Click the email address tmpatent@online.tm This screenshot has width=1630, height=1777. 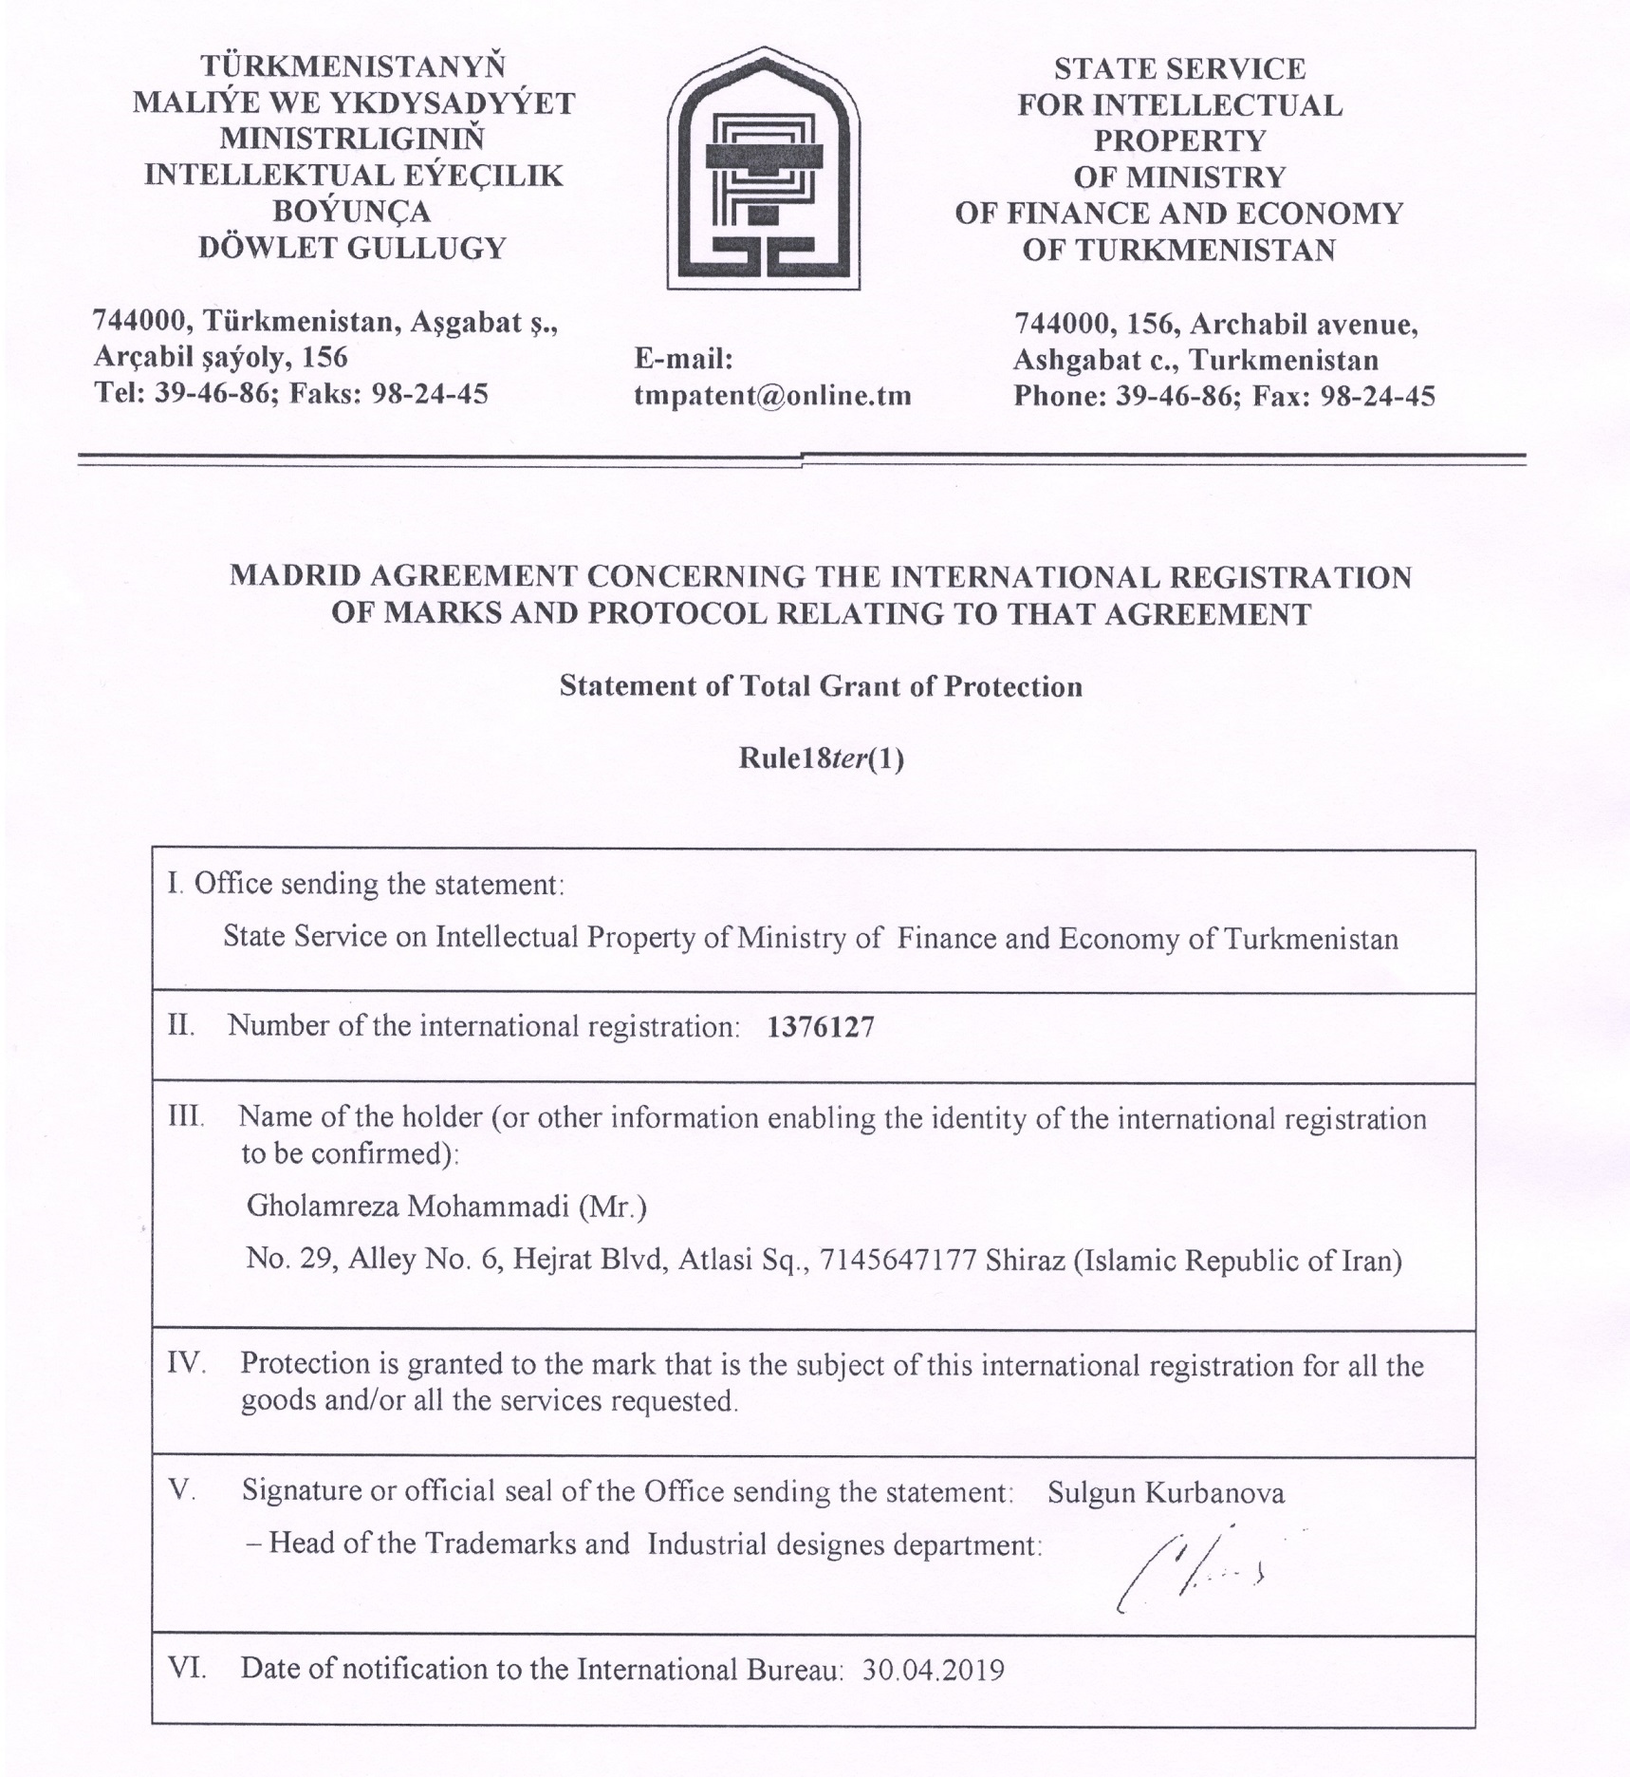coord(772,396)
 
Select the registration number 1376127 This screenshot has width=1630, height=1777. coord(820,1027)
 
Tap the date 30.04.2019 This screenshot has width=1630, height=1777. coord(934,1670)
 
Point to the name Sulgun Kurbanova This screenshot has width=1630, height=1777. coord(1165,1493)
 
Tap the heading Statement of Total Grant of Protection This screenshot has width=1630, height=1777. coord(821,686)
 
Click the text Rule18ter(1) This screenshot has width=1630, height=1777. coord(821,759)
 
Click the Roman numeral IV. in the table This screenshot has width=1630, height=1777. coord(187,1364)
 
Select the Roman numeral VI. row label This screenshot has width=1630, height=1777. coord(187,1668)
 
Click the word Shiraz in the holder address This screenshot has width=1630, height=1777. coord(1025,1261)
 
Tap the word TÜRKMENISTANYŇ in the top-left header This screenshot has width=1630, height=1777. coord(353,66)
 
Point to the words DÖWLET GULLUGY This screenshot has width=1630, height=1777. coord(353,249)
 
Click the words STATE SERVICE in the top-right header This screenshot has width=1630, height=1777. coord(1179,68)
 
